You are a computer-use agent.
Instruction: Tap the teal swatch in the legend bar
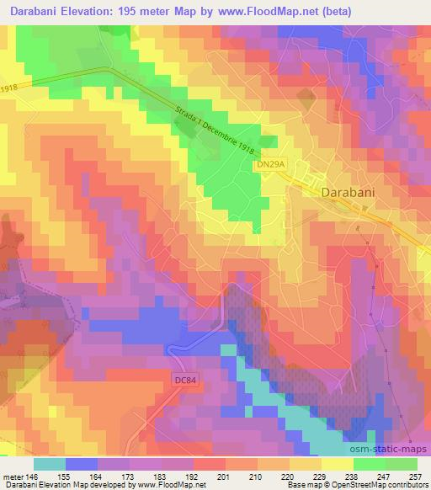(x=50, y=463)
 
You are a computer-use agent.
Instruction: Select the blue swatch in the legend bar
(x=82, y=463)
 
